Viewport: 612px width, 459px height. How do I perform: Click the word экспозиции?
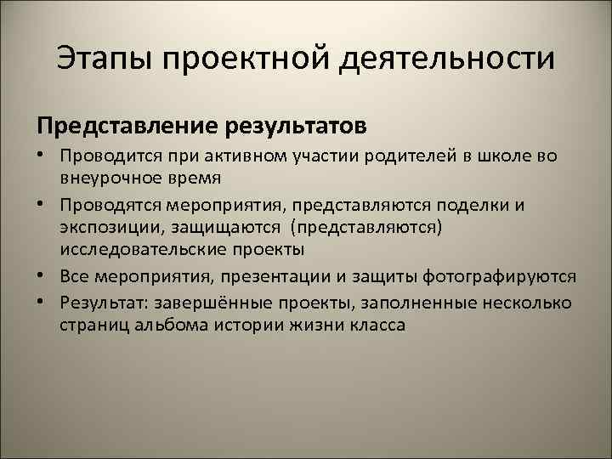coord(103,227)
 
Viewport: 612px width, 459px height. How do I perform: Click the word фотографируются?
coord(501,278)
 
